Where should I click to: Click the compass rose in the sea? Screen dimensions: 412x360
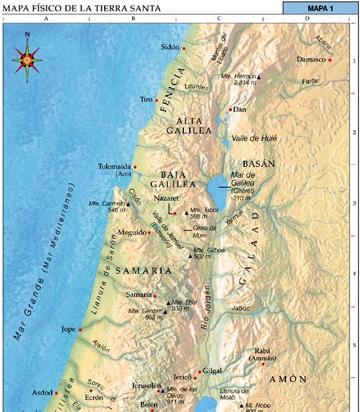point(27,59)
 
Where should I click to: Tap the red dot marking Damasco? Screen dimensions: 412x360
point(331,60)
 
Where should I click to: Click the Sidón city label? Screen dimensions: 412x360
point(169,48)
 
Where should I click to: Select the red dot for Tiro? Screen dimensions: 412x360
point(157,101)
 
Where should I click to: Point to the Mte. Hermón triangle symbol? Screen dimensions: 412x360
point(259,77)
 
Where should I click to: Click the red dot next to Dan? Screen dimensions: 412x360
point(230,109)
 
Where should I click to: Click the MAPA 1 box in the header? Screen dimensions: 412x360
point(321,8)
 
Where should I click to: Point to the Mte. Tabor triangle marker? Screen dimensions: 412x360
point(186,213)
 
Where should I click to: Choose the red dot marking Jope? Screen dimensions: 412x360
point(81,330)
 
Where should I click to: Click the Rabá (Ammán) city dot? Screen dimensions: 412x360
point(262,364)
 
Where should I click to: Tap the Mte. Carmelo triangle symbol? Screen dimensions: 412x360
point(128,203)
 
